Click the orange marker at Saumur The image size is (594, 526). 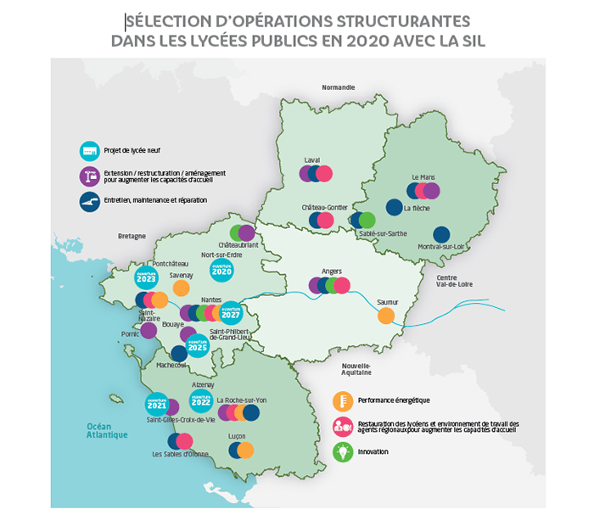[x=385, y=316]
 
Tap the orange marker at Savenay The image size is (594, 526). [x=181, y=288]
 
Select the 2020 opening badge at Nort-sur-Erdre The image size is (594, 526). [x=221, y=271]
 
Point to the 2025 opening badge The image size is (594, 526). [x=197, y=346]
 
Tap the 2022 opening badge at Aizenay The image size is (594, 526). [x=201, y=399]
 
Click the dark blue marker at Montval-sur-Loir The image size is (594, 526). [x=441, y=234]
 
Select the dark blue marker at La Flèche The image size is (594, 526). [x=394, y=206]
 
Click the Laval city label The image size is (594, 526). [x=313, y=159]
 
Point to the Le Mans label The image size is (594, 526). [x=422, y=176]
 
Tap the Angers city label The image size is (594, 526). [x=331, y=271]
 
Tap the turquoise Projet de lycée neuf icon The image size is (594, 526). [x=89, y=152]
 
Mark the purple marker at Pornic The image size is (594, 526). [x=148, y=331]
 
